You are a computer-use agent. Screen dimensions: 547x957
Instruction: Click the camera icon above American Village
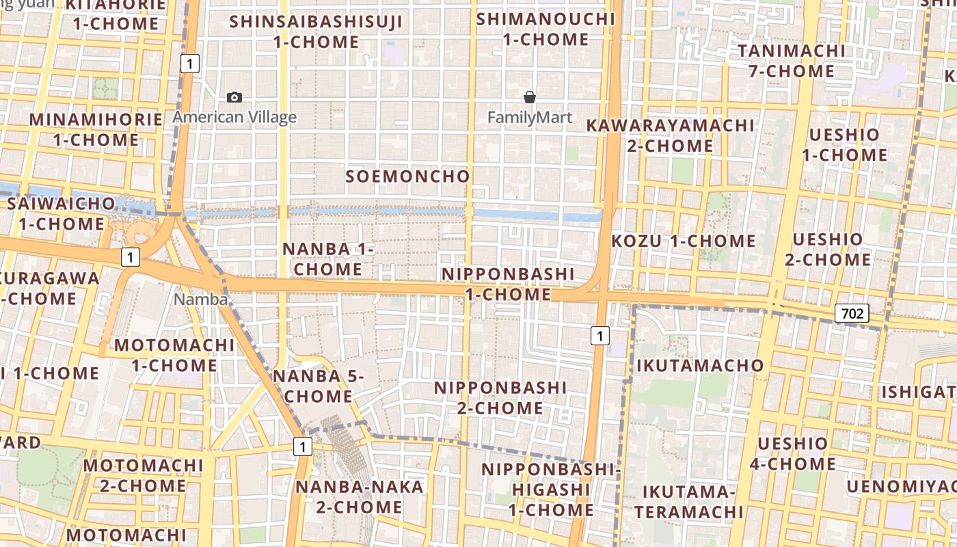tap(234, 97)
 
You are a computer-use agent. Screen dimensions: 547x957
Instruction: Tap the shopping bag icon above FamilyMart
tap(530, 97)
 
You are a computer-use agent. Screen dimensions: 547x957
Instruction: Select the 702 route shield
tap(852, 314)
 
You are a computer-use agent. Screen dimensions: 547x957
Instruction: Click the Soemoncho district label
tap(408, 176)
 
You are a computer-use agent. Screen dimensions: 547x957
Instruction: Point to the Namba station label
tap(200, 299)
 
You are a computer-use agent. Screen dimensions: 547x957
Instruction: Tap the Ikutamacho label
tap(700, 365)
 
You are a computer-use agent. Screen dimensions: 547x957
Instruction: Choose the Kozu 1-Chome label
tap(684, 241)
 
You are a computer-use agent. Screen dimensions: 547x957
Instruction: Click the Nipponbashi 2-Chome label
tap(501, 398)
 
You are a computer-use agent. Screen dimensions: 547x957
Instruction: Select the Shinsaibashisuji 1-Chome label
tap(316, 31)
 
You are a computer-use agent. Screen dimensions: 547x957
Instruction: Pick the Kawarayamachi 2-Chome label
tap(671, 135)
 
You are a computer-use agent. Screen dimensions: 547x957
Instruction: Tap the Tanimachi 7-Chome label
tap(791, 61)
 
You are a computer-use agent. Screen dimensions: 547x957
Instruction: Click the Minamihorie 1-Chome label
tap(96, 130)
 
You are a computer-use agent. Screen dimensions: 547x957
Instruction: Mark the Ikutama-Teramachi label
tap(688, 502)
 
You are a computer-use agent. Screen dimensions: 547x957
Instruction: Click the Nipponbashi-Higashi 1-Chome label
tap(550, 490)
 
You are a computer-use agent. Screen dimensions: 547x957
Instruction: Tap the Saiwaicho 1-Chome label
tap(61, 213)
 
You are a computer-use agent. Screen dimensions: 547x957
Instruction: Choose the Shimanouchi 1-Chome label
tap(545, 29)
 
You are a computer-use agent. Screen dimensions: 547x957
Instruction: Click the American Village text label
tap(234, 117)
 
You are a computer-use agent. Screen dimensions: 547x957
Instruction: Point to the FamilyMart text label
tap(530, 118)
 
